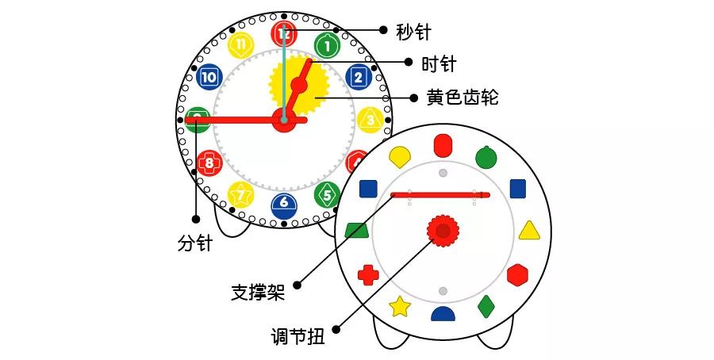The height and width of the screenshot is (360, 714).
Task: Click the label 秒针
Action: point(413,32)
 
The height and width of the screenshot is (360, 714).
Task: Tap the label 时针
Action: point(439,64)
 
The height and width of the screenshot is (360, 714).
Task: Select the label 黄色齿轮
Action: point(463,98)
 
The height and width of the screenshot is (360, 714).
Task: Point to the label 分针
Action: point(195,243)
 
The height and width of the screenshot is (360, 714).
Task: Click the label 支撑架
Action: point(258,292)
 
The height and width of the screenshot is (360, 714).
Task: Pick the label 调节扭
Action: point(297,337)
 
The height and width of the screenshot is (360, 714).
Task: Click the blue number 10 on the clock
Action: point(209,77)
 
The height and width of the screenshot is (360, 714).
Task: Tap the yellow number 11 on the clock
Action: point(240,45)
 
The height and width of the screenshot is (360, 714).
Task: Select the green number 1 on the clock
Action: point(327,45)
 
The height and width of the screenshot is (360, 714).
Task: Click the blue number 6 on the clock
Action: point(284,206)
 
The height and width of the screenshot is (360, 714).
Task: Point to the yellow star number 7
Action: point(240,195)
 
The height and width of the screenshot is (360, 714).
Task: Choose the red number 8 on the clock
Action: point(209,163)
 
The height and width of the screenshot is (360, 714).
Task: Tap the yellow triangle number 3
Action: point(370,121)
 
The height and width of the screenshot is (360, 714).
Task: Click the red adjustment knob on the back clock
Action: point(443,231)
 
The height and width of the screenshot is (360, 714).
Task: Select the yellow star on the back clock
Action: point(401,307)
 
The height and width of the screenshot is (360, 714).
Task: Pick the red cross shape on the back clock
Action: point(368,275)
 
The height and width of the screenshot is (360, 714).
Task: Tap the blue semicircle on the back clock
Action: point(443,313)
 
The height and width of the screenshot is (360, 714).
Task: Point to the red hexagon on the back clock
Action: point(517,275)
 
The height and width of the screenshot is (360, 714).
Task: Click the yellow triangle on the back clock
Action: point(529,232)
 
